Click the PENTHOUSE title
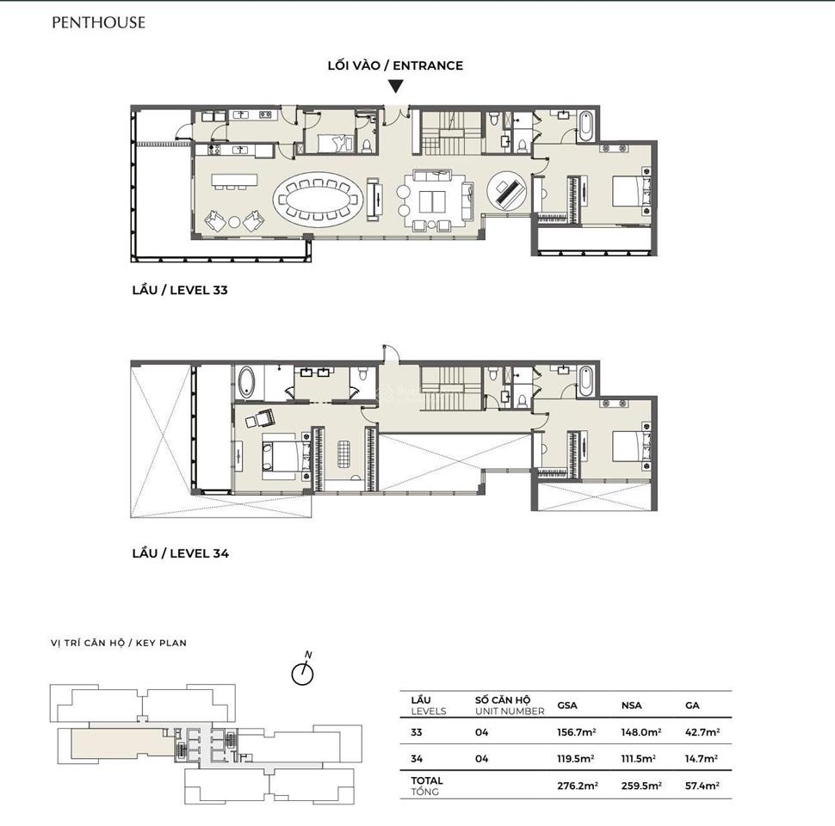point(98,23)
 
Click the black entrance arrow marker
point(395,86)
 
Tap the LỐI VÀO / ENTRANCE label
point(395,65)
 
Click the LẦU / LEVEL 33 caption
point(179,291)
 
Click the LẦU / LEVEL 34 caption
point(179,554)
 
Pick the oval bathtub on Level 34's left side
point(248,382)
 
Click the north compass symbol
point(302,674)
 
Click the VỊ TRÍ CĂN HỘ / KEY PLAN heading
point(119,643)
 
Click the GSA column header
point(568,706)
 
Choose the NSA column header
point(632,706)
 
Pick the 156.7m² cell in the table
point(577,732)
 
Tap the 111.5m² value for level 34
point(639,759)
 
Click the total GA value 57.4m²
point(702,786)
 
